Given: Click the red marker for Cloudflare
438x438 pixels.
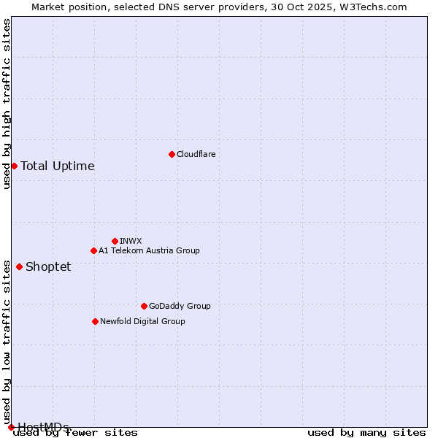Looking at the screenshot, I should click(172, 154).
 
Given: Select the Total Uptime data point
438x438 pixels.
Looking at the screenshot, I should click(14, 166).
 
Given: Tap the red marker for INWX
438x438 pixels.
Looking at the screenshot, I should click(115, 241).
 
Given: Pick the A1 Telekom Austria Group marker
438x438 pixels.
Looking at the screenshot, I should click(93, 250).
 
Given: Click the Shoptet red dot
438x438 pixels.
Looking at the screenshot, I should click(19, 266).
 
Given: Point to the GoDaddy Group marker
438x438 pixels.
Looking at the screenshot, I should click(144, 306).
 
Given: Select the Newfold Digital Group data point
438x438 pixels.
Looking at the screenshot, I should click(95, 321).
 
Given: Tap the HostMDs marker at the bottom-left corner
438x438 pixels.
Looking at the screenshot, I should click(11, 427).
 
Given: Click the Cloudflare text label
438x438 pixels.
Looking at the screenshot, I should click(196, 154).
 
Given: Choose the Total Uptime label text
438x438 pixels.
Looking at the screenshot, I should click(58, 166).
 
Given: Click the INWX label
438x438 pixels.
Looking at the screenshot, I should click(131, 241).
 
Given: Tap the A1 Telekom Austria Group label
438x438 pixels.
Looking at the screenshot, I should click(149, 250).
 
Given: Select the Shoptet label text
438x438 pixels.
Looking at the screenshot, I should click(48, 266).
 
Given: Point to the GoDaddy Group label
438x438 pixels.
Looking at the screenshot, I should click(180, 306).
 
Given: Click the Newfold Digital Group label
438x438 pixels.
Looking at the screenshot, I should click(142, 321).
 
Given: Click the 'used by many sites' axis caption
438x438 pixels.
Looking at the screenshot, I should click(366, 433).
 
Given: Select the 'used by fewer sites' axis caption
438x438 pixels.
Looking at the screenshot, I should click(75, 433).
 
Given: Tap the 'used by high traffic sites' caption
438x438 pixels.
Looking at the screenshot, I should click(7, 104).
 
